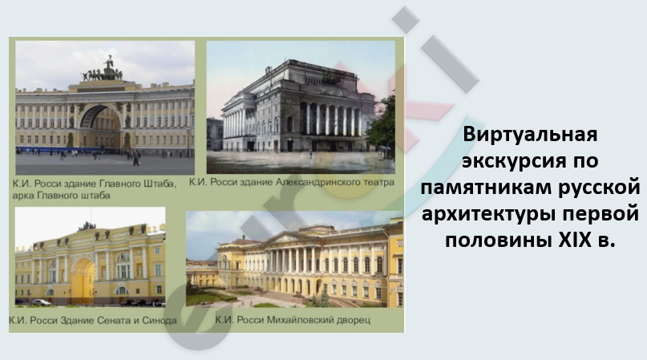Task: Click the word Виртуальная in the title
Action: coord(530,135)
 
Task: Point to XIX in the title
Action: coord(575,239)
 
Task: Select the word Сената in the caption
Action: coord(115,321)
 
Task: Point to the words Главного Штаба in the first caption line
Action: coord(143,184)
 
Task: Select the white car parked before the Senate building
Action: coord(41,302)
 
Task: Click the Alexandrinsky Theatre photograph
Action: coord(301,107)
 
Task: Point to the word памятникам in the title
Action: coord(485,187)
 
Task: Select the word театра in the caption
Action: coord(378,183)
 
